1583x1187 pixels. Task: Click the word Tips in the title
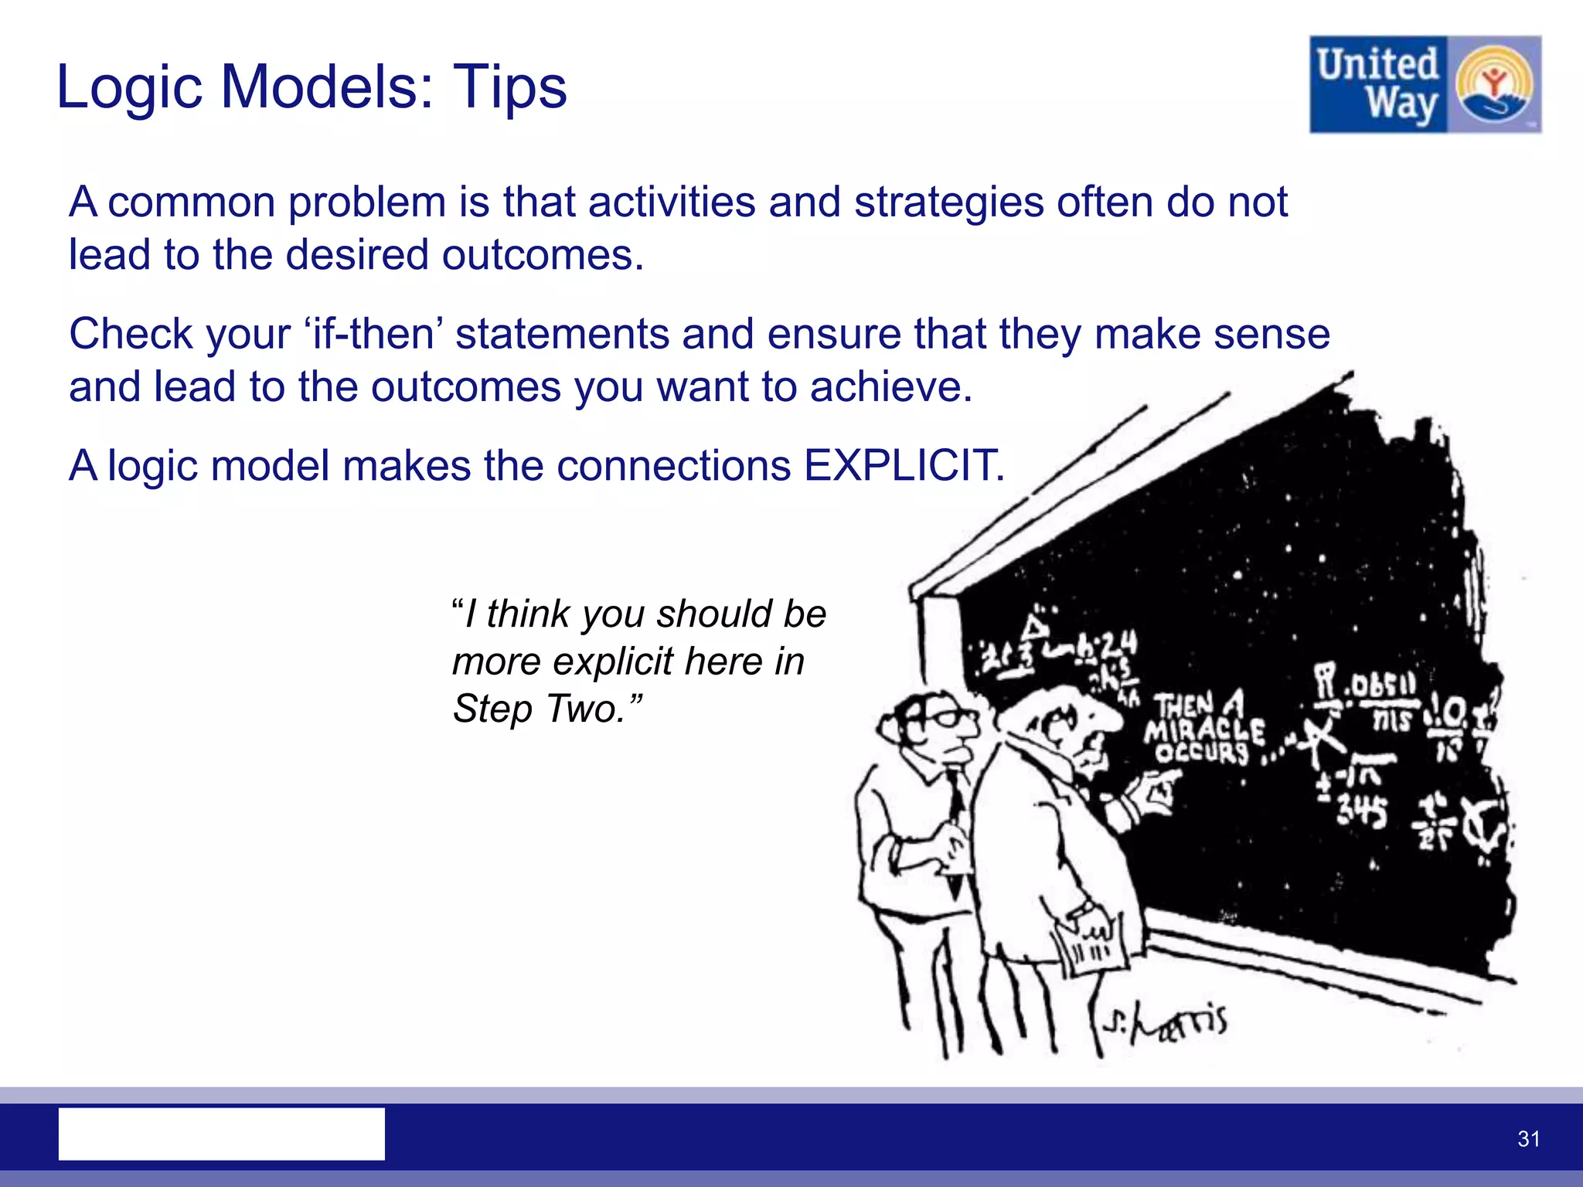click(x=509, y=87)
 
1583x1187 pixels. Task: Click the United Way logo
click(x=1424, y=84)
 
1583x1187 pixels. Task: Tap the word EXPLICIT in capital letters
click(x=904, y=466)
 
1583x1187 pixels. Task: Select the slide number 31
click(x=1528, y=1138)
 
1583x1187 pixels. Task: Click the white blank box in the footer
click(x=222, y=1134)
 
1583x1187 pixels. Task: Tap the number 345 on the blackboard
click(x=1362, y=811)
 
